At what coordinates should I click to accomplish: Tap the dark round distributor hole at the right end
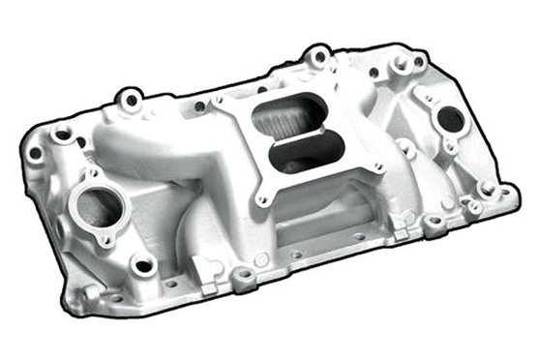(450, 120)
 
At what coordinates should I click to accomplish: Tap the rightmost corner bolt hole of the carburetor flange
(377, 166)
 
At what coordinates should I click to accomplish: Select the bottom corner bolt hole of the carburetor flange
(262, 201)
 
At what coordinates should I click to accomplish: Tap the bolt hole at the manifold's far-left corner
(36, 153)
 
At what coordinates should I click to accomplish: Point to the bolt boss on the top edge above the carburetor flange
(318, 58)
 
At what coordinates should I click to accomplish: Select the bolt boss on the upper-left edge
(129, 98)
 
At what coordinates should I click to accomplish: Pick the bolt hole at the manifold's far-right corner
(503, 193)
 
